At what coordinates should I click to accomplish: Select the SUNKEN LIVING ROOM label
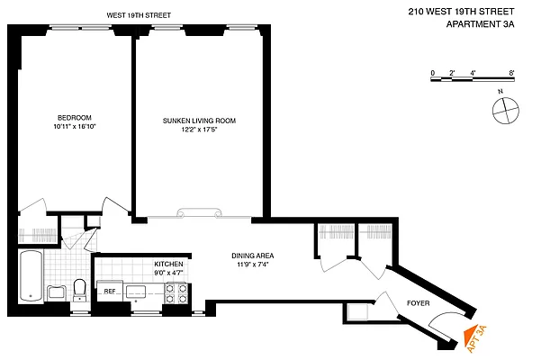pos(199,120)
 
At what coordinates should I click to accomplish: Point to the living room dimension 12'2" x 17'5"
pos(199,130)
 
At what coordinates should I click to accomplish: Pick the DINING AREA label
pos(252,256)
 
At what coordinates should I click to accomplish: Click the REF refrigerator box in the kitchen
pos(110,291)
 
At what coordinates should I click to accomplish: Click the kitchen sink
pos(139,291)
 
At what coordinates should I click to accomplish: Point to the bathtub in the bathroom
pos(30,276)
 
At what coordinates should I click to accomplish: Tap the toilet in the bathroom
pos(79,289)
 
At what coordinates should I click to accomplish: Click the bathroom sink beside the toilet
pos(56,292)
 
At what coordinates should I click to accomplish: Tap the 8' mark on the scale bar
pos(510,72)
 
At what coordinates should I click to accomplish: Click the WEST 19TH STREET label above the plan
pos(139,15)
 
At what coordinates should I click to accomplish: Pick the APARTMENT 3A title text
pos(481,24)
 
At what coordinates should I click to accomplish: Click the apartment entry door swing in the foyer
pos(446,327)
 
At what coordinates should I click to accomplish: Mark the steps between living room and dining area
pos(199,214)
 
